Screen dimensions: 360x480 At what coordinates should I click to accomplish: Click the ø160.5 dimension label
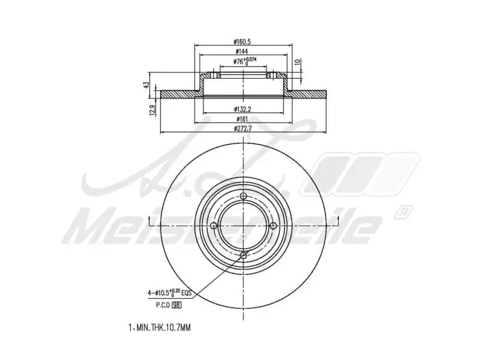(243, 42)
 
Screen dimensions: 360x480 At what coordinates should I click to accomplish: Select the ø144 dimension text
(243, 52)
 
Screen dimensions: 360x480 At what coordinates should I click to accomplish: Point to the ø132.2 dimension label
(243, 109)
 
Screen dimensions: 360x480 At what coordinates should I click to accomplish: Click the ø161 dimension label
(243, 119)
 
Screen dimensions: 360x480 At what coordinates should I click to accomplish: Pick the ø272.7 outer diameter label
(243, 129)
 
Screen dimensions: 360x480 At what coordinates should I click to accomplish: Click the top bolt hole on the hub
(243, 197)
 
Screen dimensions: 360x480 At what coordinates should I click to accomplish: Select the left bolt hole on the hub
(214, 226)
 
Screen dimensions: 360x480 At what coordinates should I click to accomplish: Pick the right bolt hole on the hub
(272, 226)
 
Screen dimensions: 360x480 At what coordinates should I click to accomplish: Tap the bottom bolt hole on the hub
(243, 256)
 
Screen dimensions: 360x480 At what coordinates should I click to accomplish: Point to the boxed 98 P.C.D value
(176, 305)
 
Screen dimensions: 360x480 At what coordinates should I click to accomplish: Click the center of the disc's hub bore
(243, 226)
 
